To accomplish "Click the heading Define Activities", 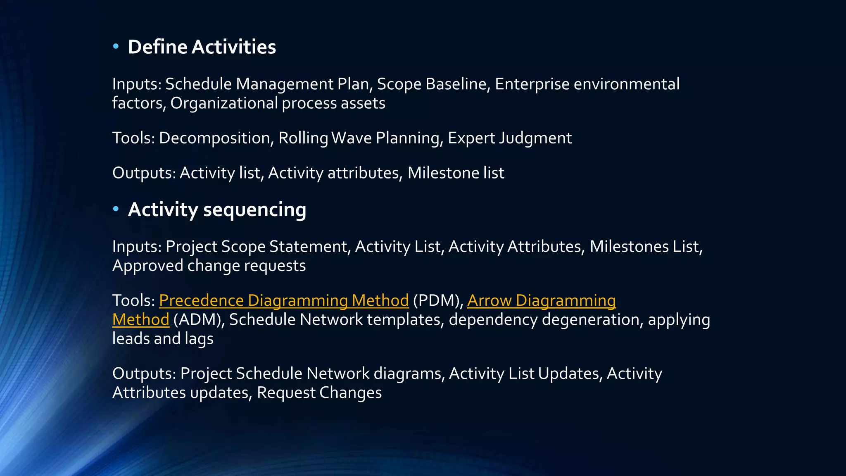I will tap(202, 47).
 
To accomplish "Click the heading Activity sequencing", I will tap(217, 209).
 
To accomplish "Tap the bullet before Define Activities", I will tap(116, 47).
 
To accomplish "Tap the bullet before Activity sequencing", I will tap(116, 209).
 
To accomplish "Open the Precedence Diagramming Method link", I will tap(284, 300).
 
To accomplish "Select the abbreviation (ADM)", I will tap(197, 320).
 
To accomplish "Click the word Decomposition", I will tap(214, 138).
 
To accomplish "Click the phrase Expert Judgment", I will tap(509, 138).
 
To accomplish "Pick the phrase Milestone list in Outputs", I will tap(456, 173).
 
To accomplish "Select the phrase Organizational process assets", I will tap(278, 103).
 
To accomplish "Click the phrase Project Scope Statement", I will tap(256, 247).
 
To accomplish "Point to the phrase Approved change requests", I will tap(209, 266).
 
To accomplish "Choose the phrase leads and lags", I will tap(163, 339).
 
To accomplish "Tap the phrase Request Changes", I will tap(319, 393).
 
